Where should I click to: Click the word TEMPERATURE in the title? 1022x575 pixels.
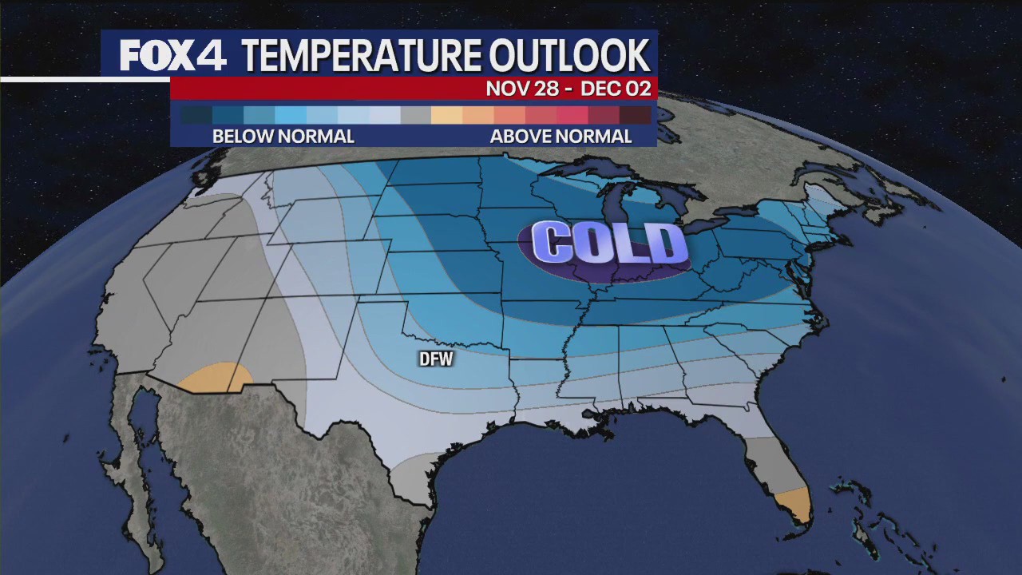[360, 56]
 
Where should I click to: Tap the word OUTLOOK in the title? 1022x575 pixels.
[569, 56]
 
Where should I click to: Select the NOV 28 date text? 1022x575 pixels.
[522, 89]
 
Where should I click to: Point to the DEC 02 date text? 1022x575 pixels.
[616, 89]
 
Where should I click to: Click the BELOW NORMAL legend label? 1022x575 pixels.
[283, 137]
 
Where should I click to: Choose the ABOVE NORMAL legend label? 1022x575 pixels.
[561, 137]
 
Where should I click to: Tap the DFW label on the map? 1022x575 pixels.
[436, 359]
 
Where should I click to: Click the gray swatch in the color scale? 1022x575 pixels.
[415, 115]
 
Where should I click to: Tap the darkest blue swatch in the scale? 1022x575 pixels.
[196, 115]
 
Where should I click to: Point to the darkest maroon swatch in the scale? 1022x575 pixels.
[636, 115]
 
